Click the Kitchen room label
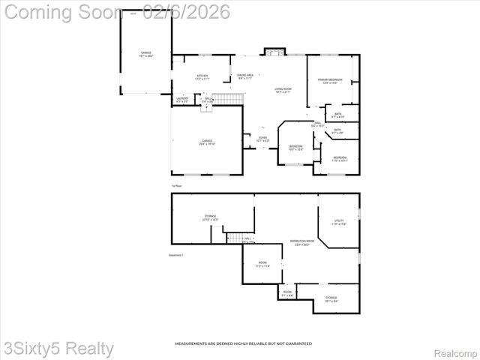(x=202, y=76)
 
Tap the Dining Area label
(x=245, y=76)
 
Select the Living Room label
(x=282, y=91)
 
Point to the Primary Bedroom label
(x=329, y=81)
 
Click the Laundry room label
(x=182, y=100)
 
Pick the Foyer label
(x=262, y=139)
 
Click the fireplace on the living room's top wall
(x=274, y=52)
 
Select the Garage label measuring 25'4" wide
(x=206, y=142)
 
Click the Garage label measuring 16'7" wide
(x=145, y=54)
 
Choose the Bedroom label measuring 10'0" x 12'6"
(x=296, y=148)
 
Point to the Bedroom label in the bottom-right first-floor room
(x=339, y=159)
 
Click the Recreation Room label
(x=302, y=243)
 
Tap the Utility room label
(x=339, y=222)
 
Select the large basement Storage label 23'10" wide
(x=210, y=217)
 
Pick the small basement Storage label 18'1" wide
(x=331, y=299)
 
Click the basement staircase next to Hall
(x=236, y=238)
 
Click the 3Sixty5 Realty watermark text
(x=58, y=349)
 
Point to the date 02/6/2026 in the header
(x=175, y=13)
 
